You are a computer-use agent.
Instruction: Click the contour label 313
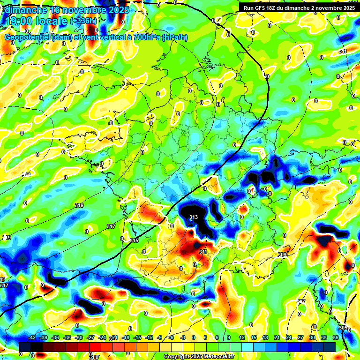click(x=194, y=217)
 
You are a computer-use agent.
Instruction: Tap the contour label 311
click(x=203, y=252)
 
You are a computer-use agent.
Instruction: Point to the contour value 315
click(x=135, y=240)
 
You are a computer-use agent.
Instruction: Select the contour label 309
click(x=282, y=255)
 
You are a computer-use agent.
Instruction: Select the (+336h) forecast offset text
click(x=84, y=21)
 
